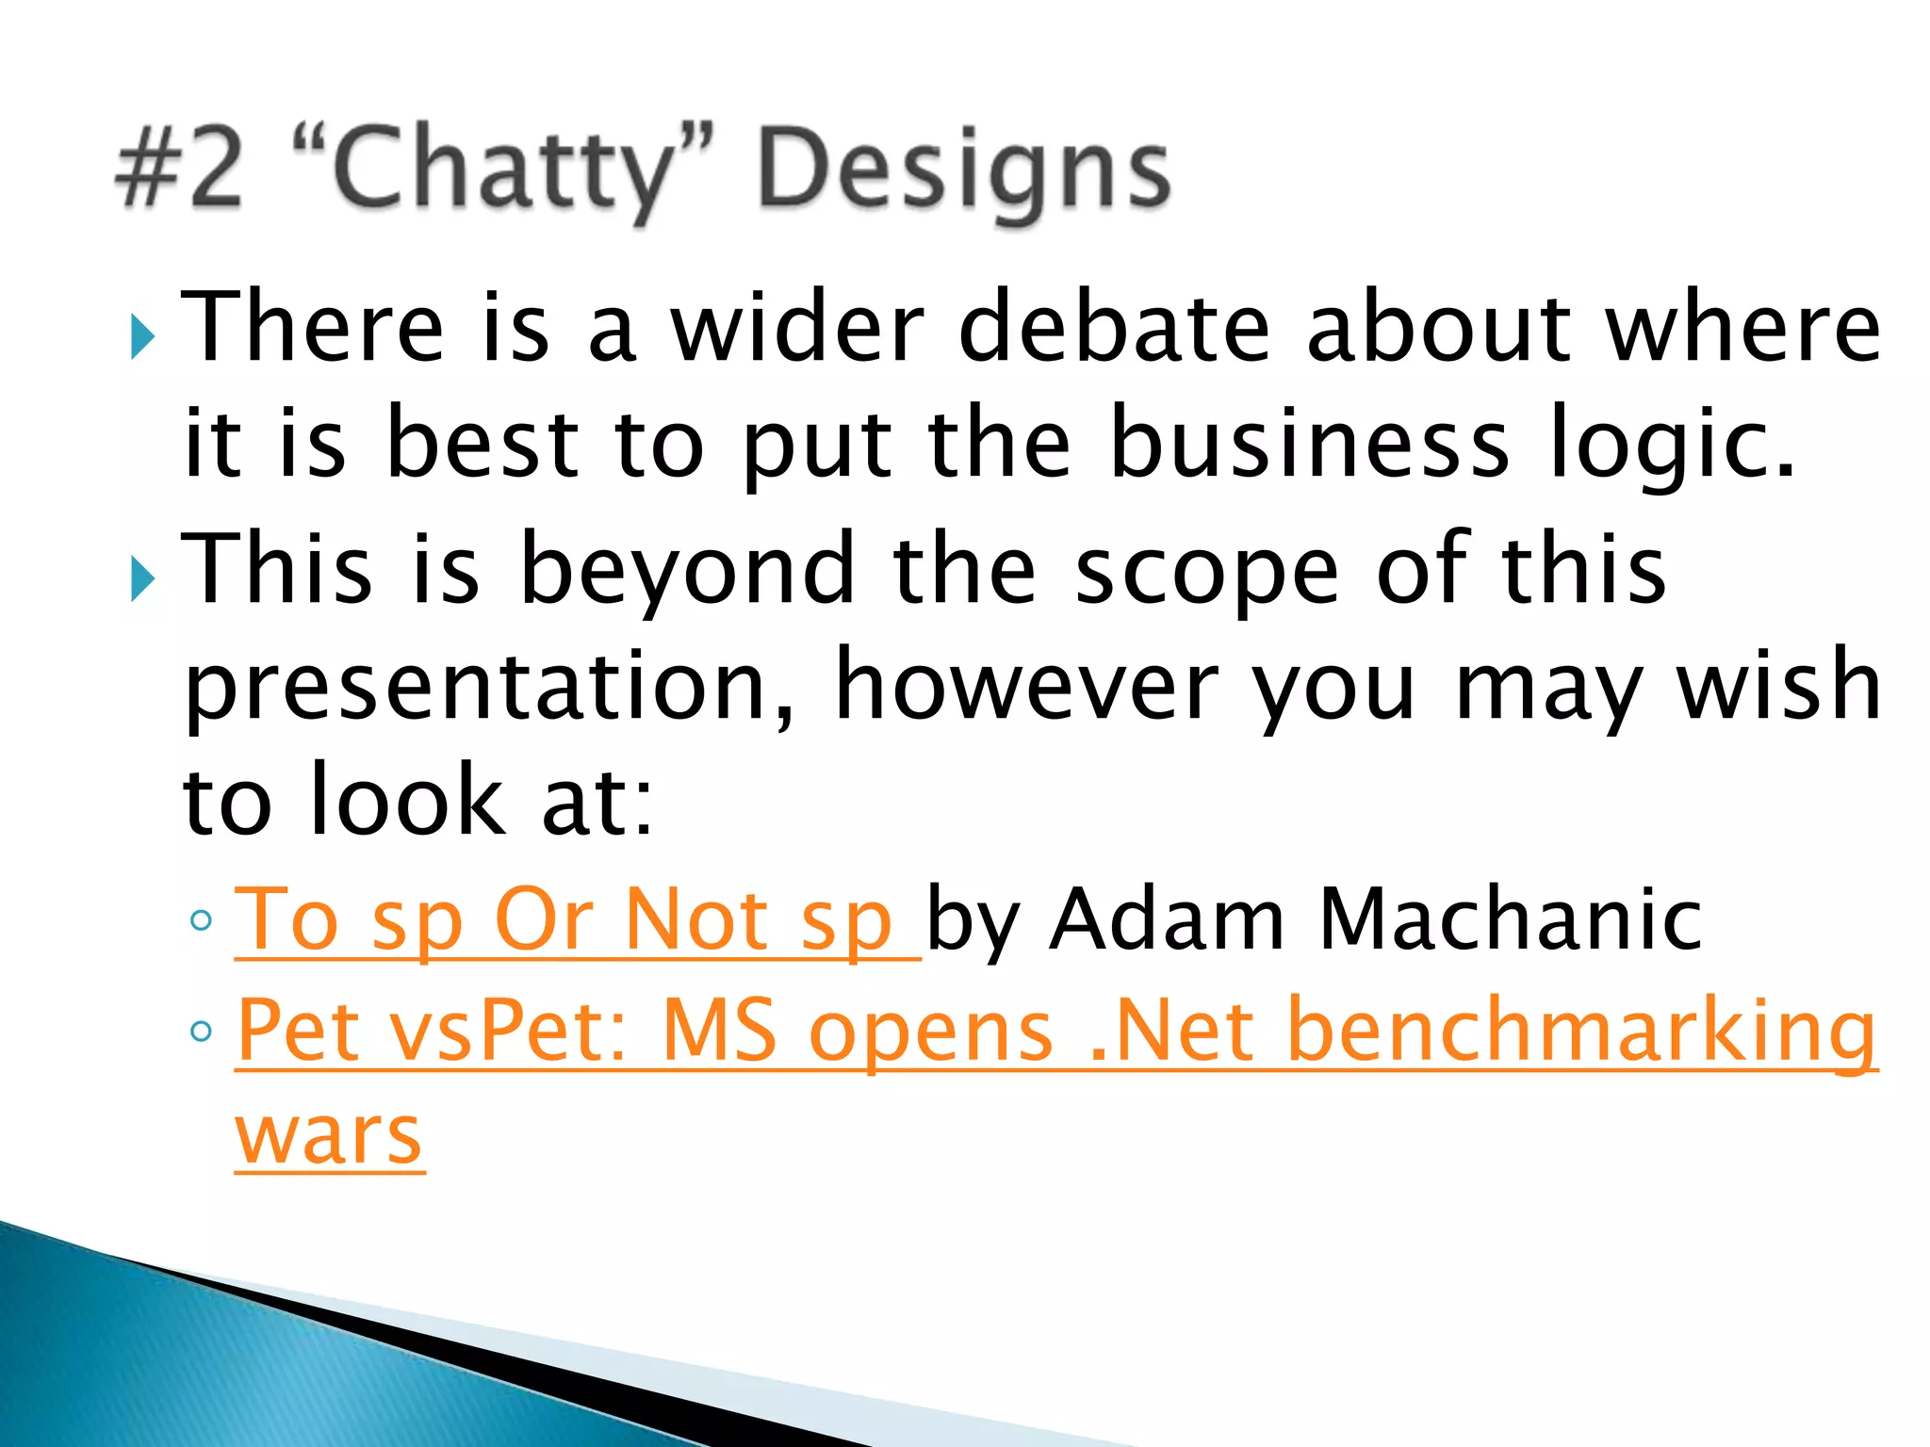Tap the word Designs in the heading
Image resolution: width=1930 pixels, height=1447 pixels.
963,171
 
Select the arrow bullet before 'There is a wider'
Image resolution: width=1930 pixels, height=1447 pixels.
142,336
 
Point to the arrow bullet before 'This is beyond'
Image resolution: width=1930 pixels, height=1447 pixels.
142,578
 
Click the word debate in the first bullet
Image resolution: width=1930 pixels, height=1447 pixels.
1114,327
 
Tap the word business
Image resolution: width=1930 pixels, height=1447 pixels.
1310,443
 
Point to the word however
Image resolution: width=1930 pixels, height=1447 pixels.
1027,686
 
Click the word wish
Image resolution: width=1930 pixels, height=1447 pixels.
1777,686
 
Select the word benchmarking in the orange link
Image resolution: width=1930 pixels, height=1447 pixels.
1581,1032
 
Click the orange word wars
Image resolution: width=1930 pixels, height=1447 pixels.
329,1135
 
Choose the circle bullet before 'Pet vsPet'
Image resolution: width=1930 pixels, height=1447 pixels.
201,1032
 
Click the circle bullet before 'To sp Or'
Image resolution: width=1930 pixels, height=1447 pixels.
201,920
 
